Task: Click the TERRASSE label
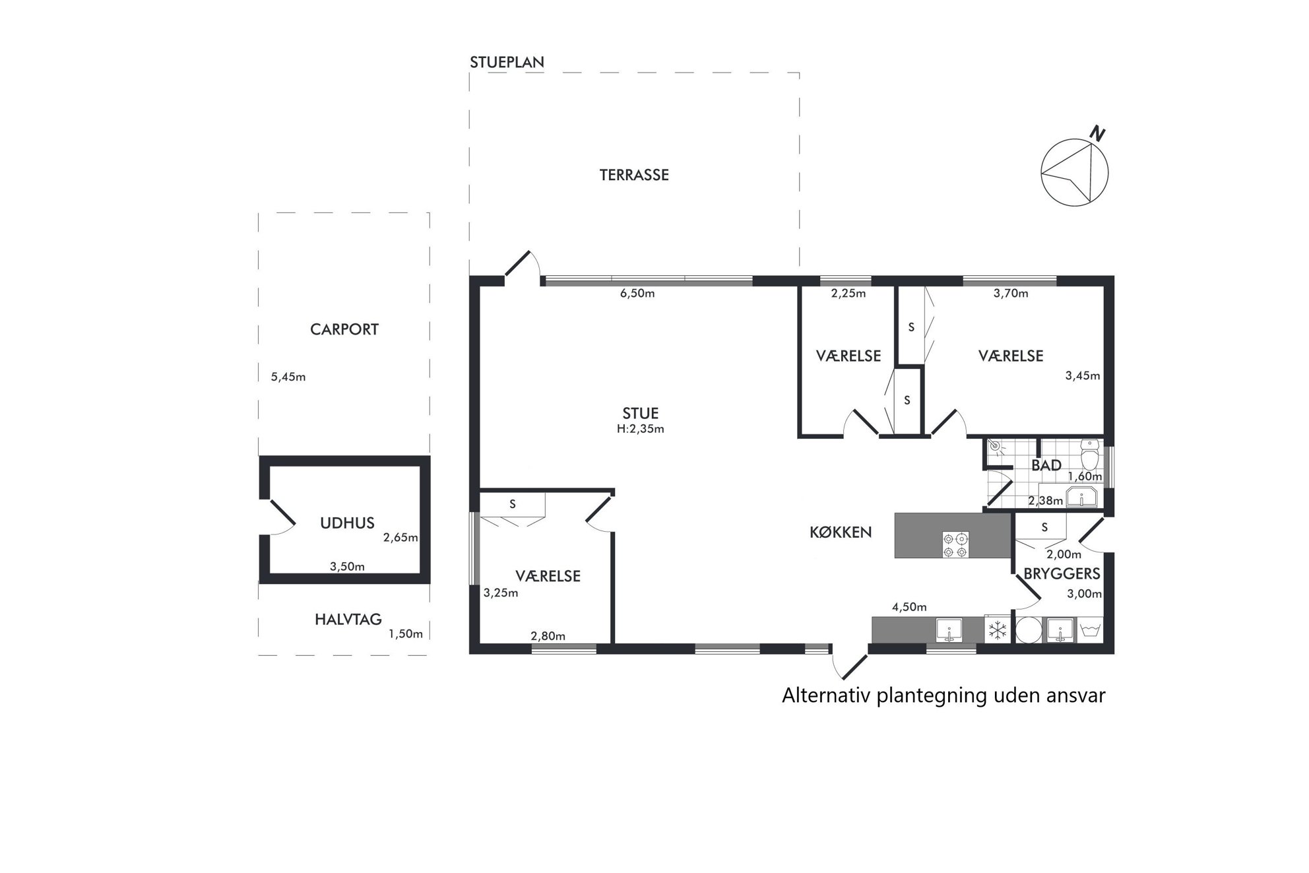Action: point(634,175)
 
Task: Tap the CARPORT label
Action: point(344,329)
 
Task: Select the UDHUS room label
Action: point(347,523)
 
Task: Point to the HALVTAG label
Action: point(348,620)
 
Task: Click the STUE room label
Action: point(641,414)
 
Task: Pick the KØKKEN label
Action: point(841,532)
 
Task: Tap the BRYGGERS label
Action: point(1062,574)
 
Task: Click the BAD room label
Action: point(1046,465)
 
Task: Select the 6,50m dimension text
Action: point(637,294)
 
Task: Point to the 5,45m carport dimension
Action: point(288,377)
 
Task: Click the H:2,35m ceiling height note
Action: point(640,429)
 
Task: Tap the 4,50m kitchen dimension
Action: point(909,607)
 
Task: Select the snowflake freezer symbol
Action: point(997,630)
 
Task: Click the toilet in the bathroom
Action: point(1089,455)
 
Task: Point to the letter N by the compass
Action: point(1097,134)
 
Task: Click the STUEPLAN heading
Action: point(507,63)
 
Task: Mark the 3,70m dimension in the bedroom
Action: point(1011,294)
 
